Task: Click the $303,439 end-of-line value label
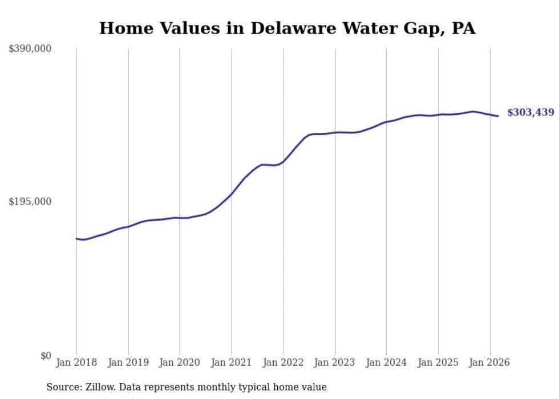(530, 112)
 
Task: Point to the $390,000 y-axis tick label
(30, 49)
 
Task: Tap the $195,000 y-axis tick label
(30, 201)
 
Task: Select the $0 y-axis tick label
(45, 356)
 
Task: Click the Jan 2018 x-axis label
(76, 362)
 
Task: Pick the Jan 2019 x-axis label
(128, 362)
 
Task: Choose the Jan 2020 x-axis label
(180, 362)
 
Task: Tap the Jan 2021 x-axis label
(232, 362)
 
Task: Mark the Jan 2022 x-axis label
(283, 362)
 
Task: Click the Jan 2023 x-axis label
(335, 362)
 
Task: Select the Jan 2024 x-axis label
(386, 362)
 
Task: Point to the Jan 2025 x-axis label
(438, 362)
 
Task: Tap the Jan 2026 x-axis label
(489, 362)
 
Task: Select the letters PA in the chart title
(464, 28)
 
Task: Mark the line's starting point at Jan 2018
(76, 239)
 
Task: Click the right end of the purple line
(498, 116)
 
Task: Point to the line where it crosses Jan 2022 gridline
(283, 162)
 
